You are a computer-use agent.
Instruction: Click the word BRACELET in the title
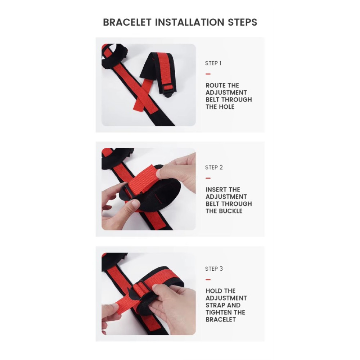click(127, 22)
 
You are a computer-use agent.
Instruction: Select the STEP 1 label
click(213, 63)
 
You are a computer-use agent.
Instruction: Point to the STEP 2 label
click(214, 167)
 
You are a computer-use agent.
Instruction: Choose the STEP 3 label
click(214, 269)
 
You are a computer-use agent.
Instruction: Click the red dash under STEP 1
click(208, 74)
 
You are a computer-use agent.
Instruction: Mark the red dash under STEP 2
click(208, 178)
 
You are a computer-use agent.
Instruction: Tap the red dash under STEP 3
click(208, 279)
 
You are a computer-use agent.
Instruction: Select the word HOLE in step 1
click(226, 107)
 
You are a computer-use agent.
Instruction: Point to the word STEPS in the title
click(242, 22)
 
